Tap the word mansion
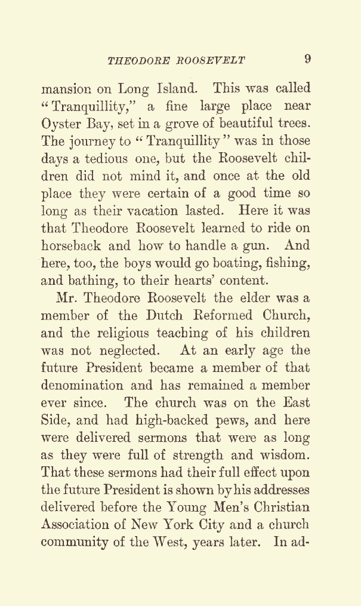click(x=66, y=90)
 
